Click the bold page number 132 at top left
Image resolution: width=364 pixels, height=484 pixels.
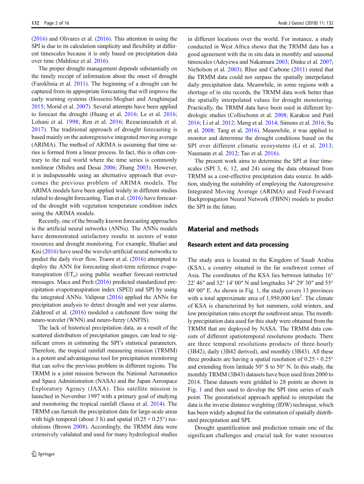tap(35, 23)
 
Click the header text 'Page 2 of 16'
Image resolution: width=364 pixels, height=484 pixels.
tap(57, 23)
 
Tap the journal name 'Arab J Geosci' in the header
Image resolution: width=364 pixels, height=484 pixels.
tap(291, 23)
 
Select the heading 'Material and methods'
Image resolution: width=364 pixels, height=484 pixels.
tap(223, 229)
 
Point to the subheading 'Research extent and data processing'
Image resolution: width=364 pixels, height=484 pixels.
tap(238, 244)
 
